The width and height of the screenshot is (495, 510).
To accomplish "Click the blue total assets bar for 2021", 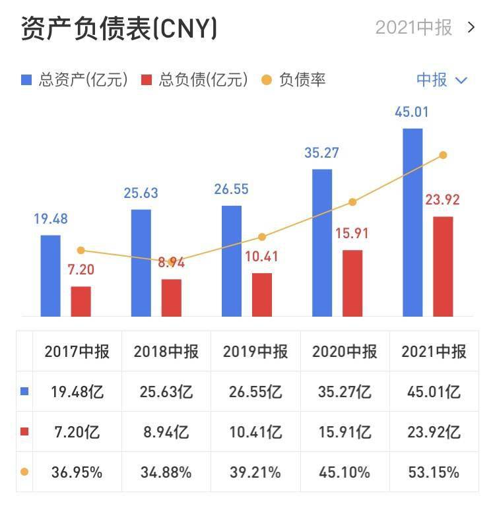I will pyautogui.click(x=412, y=222).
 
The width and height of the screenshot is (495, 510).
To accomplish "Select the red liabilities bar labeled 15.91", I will pyautogui.click(x=352, y=282).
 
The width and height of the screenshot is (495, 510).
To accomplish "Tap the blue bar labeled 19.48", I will pyautogui.click(x=51, y=275).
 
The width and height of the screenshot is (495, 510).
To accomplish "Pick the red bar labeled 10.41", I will pyautogui.click(x=262, y=294).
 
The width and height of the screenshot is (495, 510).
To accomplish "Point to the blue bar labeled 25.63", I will pyautogui.click(x=141, y=263).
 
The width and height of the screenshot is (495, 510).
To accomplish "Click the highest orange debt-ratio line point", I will pyautogui.click(x=443, y=155).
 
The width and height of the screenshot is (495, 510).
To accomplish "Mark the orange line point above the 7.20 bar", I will pyautogui.click(x=81, y=250).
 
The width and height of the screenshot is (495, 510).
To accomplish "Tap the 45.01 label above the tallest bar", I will pyautogui.click(x=412, y=112).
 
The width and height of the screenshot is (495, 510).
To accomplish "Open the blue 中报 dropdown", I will pyautogui.click(x=442, y=80).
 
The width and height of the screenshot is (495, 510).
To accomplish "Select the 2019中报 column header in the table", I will pyautogui.click(x=255, y=351).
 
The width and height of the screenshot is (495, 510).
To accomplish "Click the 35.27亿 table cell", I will pyautogui.click(x=345, y=392).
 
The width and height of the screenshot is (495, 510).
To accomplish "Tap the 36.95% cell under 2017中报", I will pyautogui.click(x=77, y=472).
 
